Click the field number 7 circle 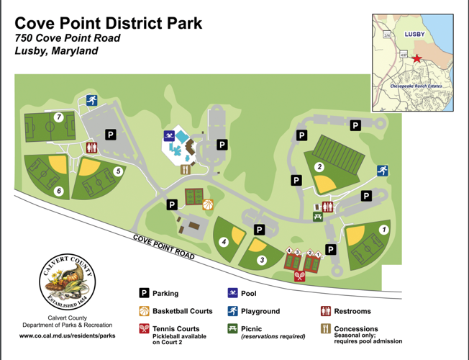(60, 117)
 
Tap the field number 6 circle (59, 191)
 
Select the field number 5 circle (118, 171)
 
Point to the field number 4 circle (224, 242)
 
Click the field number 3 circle (262, 260)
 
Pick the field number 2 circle (318, 167)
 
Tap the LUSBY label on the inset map (415, 34)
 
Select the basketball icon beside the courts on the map (208, 204)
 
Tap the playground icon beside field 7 (91, 101)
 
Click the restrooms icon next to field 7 (91, 147)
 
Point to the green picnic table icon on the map (317, 216)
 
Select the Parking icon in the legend (144, 294)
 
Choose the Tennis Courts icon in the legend (144, 329)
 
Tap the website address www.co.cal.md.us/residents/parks (68, 336)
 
